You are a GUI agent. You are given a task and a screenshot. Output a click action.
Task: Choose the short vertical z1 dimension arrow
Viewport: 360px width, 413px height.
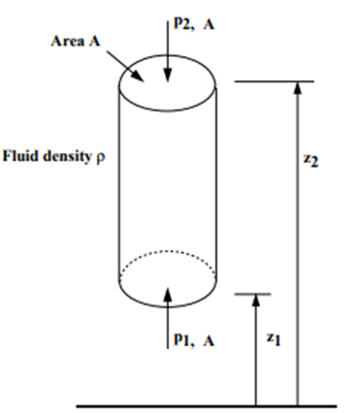[256, 349]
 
